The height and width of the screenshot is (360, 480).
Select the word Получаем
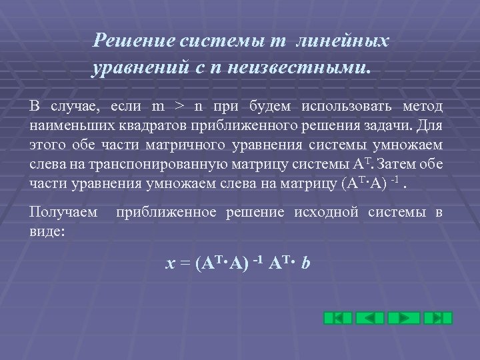click(x=63, y=213)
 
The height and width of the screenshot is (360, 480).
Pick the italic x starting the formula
click(x=170, y=264)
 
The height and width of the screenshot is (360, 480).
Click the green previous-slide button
click(x=370, y=317)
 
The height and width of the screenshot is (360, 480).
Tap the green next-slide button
click(x=404, y=317)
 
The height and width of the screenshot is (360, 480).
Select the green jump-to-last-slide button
click(x=438, y=317)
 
